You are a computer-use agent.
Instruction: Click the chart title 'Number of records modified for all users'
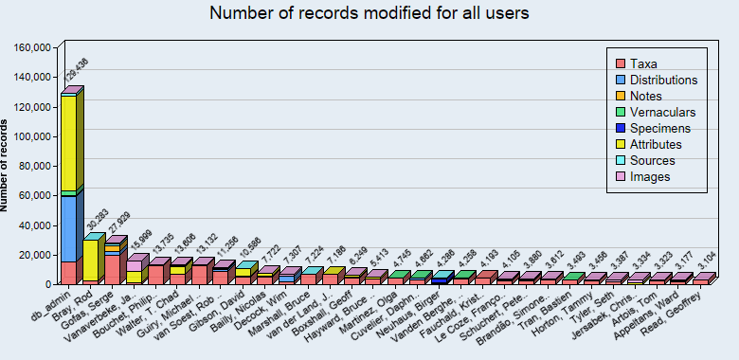coord(369,13)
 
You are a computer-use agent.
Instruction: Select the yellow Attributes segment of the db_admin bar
coord(68,142)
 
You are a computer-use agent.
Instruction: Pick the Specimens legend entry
coord(658,128)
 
